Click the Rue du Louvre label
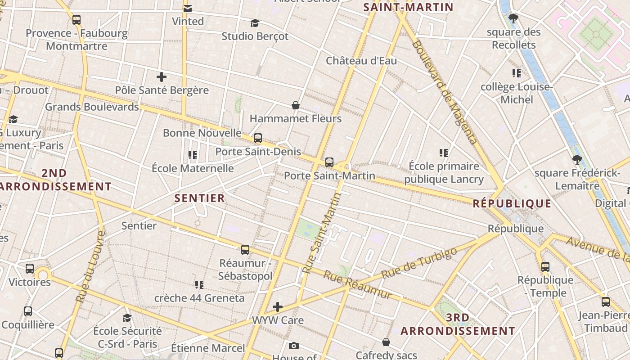click(90, 266)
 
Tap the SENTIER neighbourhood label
click(199, 198)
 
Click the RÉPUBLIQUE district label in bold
click(512, 203)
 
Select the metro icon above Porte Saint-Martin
click(329, 162)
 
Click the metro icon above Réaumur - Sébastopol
click(245, 250)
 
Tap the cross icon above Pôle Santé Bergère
click(162, 77)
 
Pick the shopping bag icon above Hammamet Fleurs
click(296, 105)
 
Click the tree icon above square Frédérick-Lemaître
click(577, 160)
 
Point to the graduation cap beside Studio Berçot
click(255, 23)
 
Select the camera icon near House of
click(294, 346)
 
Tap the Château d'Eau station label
click(361, 60)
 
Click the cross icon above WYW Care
click(278, 307)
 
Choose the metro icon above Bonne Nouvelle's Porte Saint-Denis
click(258, 138)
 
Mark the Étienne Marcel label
click(208, 348)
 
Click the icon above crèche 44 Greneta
click(199, 284)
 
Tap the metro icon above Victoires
click(30, 269)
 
